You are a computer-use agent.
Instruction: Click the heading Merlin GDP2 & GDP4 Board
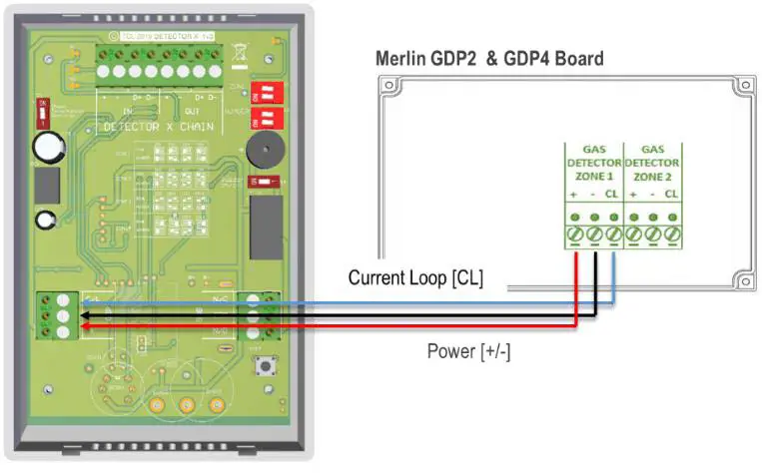point(488,59)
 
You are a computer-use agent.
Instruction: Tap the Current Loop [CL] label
point(414,277)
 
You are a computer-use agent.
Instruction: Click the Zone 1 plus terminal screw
point(575,236)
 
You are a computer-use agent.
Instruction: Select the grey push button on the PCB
point(268,367)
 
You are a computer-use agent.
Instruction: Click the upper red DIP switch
point(266,94)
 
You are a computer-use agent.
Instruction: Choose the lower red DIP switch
point(266,121)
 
